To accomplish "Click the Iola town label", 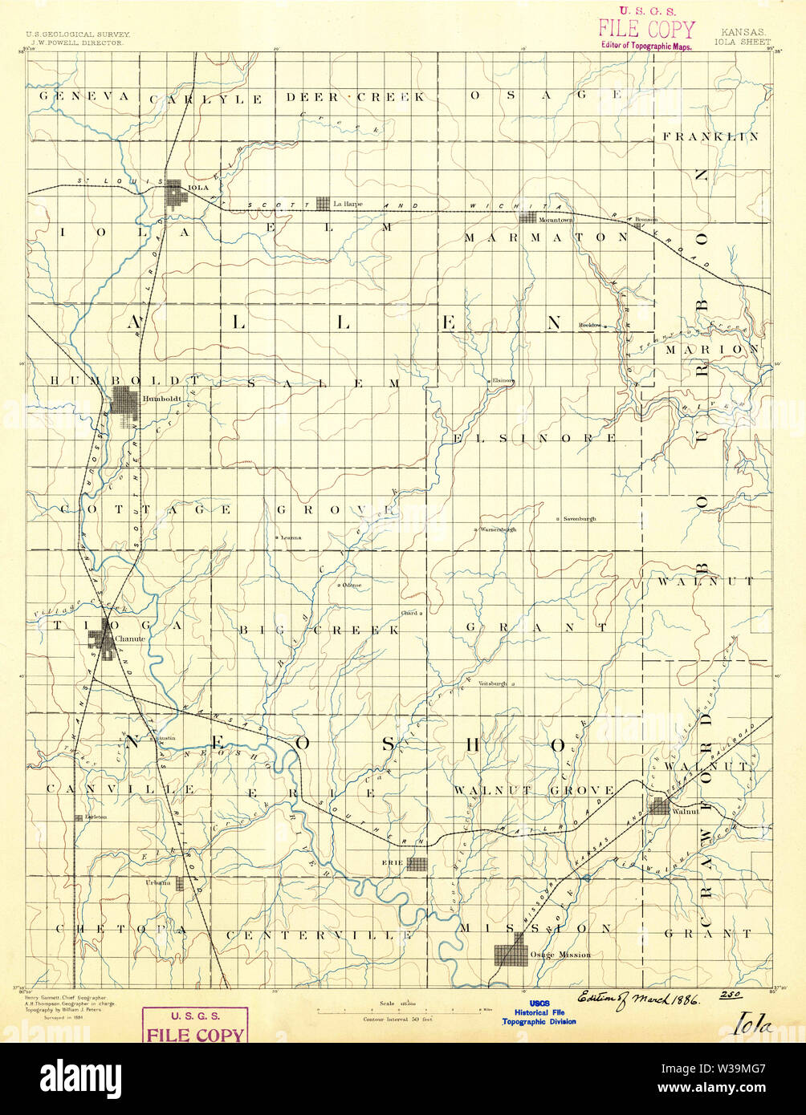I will (197, 188).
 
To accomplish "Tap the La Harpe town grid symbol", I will (324, 204).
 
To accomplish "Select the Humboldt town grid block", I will (125, 403).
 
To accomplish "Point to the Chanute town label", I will (130, 638).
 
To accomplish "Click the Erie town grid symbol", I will (417, 864).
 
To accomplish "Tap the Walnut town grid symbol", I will (660, 806).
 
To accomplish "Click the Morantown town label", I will (555, 218).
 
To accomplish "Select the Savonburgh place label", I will (579, 520).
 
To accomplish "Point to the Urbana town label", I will (157, 882).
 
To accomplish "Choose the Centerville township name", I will (319, 935).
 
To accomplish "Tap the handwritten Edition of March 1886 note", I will (637, 999).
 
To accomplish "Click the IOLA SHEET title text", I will (743, 42).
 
